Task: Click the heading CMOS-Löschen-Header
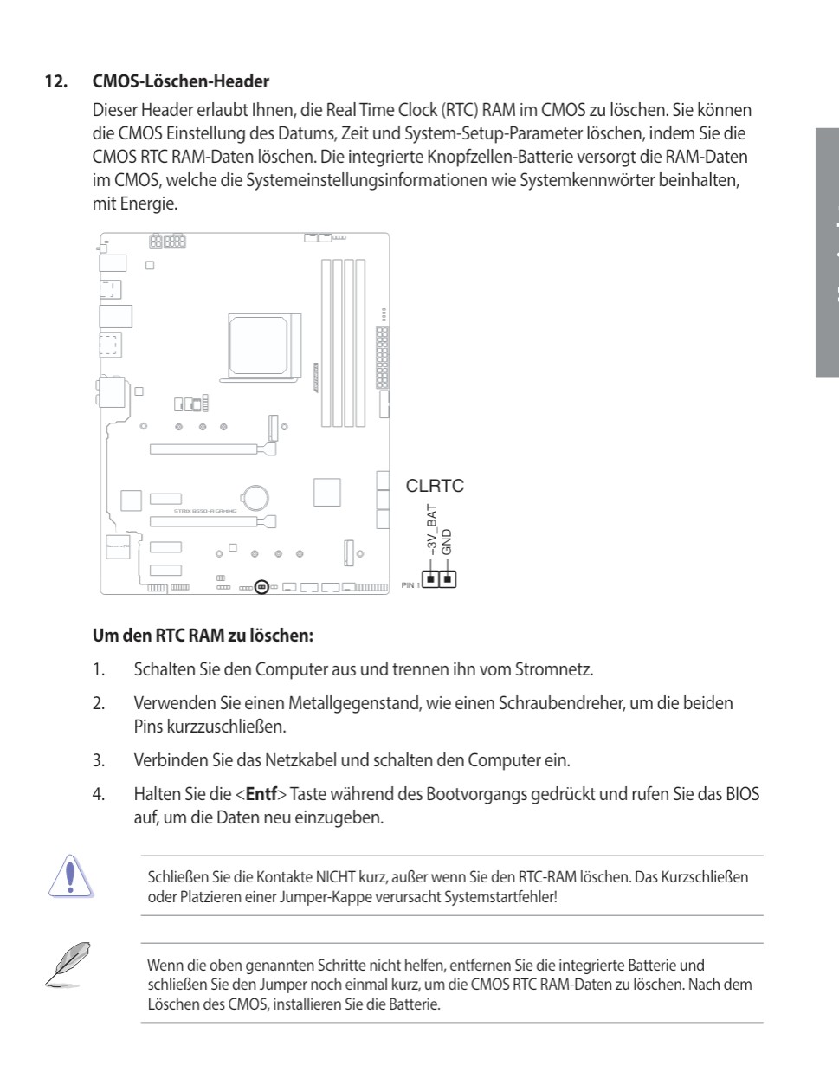coord(180,82)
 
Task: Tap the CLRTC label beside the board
coord(435,486)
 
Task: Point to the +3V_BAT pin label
coord(432,530)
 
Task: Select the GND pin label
coord(447,542)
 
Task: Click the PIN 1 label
coord(410,585)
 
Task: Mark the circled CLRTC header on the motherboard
coord(261,587)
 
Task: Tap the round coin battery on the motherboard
coord(255,497)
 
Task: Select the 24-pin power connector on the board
coord(382,357)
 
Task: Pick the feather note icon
coord(67,966)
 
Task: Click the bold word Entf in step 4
coord(261,794)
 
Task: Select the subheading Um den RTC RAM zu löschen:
coord(203,636)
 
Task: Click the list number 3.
coord(99,760)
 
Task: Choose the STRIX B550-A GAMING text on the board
coord(204,512)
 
